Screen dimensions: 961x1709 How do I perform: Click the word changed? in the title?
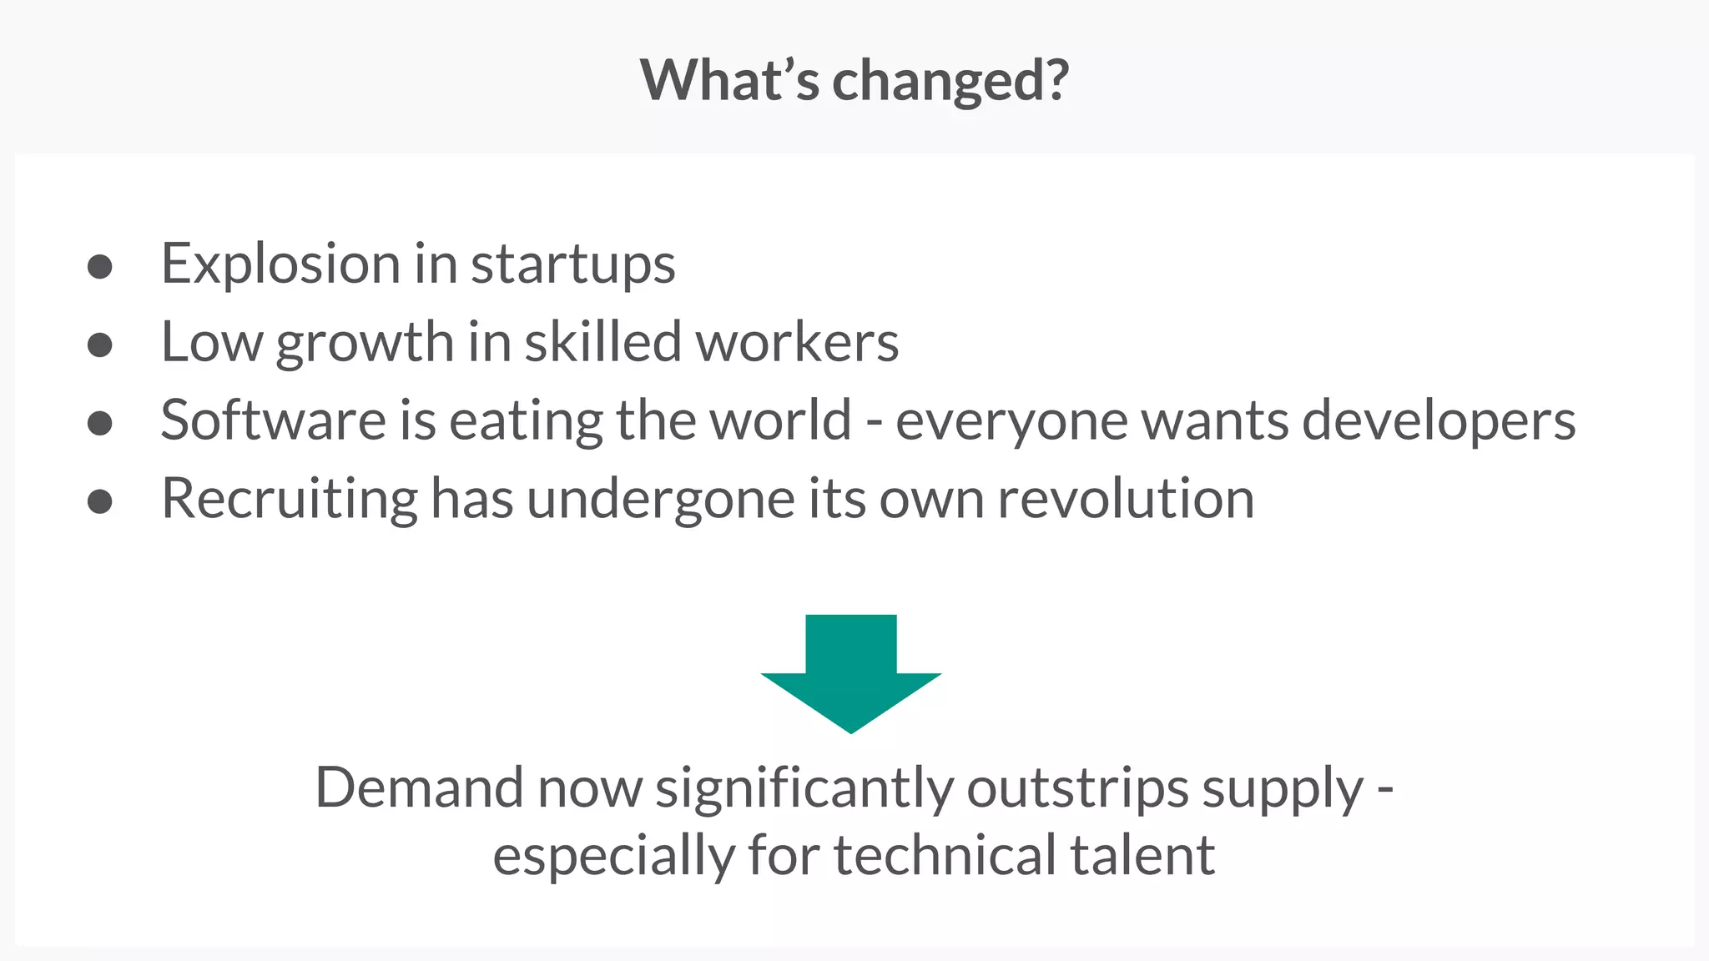[950, 81]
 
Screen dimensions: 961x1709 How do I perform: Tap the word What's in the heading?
[729, 81]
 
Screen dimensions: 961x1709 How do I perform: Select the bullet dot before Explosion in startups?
[100, 267]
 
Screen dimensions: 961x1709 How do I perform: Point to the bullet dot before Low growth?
[100, 345]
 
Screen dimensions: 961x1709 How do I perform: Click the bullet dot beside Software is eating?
[100, 423]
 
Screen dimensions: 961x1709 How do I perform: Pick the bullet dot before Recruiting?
[100, 501]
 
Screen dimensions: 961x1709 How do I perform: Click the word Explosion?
[280, 264]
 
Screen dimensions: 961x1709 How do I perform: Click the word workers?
[797, 342]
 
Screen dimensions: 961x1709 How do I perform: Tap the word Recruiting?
[289, 500]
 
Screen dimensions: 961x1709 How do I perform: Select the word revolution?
[1126, 499]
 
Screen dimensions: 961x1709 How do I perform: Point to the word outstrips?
[1077, 789]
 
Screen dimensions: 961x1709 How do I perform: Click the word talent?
[1142, 856]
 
